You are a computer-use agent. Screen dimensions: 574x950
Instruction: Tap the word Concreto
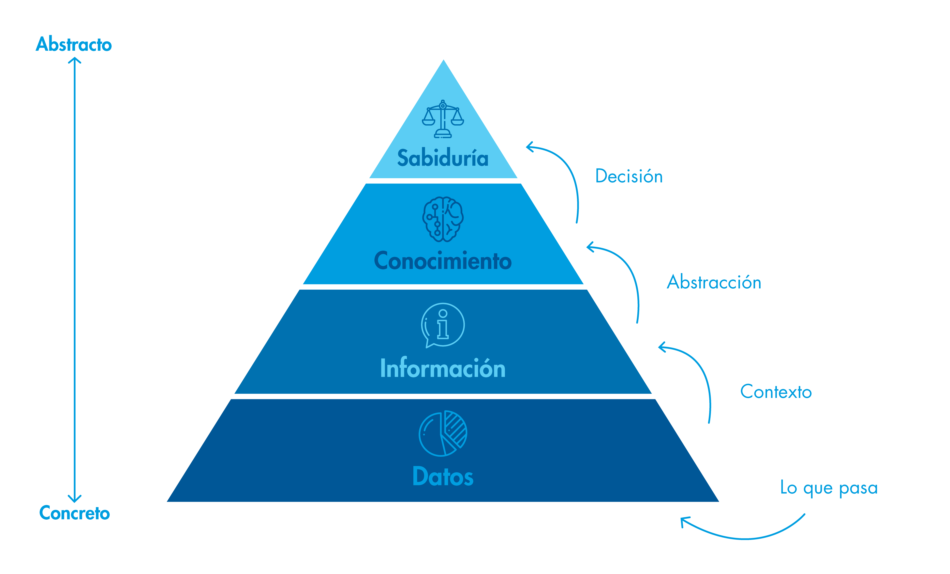74,513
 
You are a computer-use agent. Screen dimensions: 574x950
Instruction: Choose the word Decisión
629,176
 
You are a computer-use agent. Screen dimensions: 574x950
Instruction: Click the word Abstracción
714,282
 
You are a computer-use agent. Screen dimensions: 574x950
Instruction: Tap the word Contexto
776,392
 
